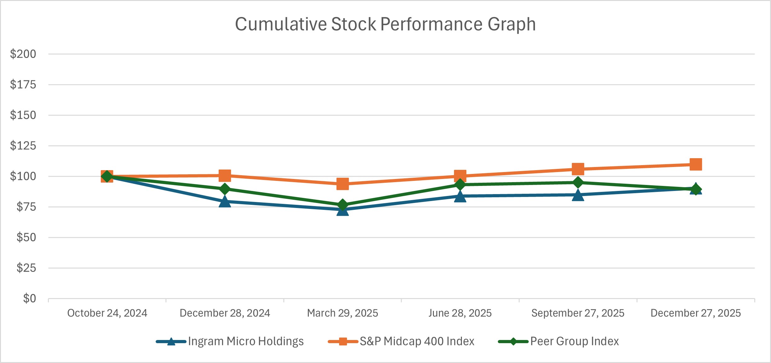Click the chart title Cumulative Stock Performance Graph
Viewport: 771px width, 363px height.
pos(385,24)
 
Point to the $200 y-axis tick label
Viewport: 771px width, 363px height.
pos(23,54)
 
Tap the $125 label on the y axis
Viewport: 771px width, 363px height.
pos(23,146)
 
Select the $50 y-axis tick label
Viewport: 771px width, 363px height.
pos(26,237)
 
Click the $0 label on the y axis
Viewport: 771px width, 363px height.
pos(29,298)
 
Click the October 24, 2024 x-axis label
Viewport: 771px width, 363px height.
pos(107,313)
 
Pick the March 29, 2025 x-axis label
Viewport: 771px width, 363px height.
pos(342,313)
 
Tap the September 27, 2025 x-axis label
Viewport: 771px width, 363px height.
pos(578,313)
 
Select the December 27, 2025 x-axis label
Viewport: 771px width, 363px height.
pos(696,313)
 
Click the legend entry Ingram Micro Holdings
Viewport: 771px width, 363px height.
pos(245,342)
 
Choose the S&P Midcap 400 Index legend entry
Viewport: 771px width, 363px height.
pos(417,342)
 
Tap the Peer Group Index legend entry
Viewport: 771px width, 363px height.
pos(574,342)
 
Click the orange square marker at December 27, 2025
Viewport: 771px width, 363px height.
pos(696,164)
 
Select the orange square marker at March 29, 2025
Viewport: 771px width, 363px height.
pos(342,184)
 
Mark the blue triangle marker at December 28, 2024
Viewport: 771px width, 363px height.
pos(225,201)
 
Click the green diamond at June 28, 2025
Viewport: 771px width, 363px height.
pos(460,185)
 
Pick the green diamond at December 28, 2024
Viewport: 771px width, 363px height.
pos(225,189)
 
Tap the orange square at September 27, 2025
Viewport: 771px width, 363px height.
pos(578,169)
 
